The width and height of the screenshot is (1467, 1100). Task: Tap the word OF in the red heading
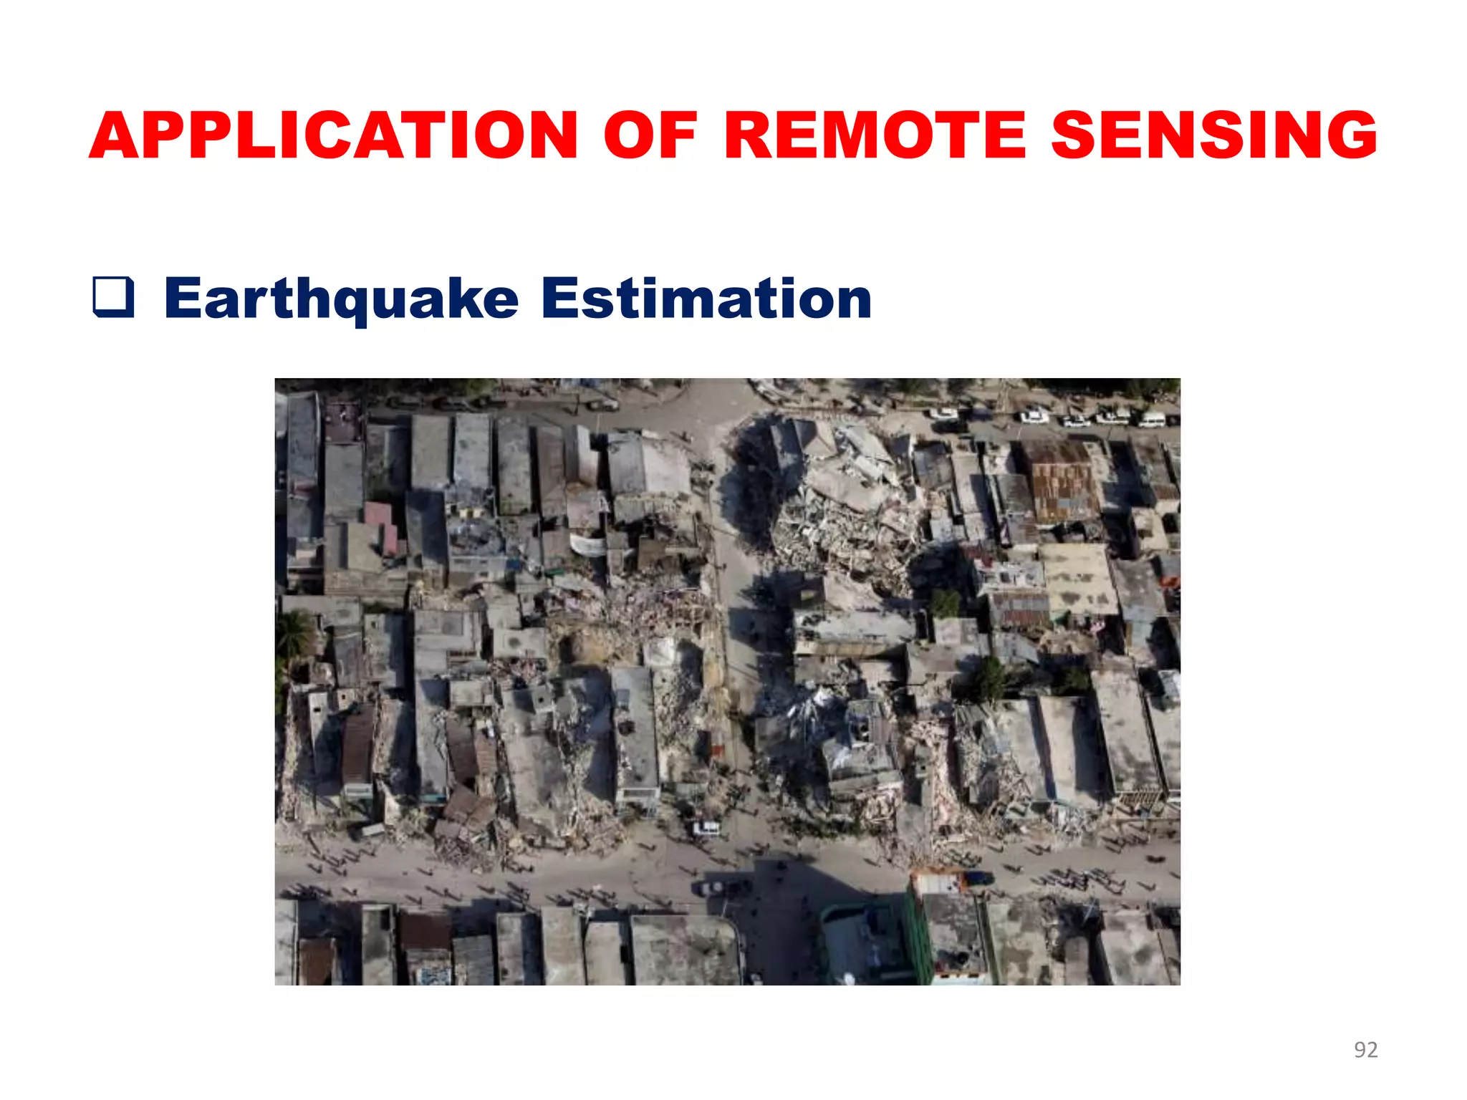pos(650,136)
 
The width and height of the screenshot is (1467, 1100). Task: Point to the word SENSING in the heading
pos(1213,136)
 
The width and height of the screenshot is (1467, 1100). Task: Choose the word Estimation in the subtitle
pos(706,299)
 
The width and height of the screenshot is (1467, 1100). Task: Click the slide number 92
pos(1365,1049)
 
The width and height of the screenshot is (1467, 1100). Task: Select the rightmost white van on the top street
pos(1151,418)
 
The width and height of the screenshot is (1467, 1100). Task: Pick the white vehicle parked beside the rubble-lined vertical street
pos(707,829)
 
